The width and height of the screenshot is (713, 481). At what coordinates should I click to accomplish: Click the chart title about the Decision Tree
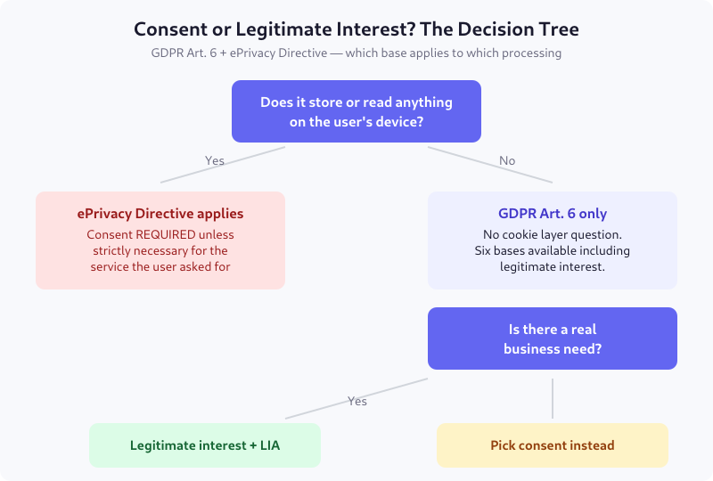pos(356,29)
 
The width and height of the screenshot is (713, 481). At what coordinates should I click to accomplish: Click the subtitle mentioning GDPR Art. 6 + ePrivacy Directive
pos(356,53)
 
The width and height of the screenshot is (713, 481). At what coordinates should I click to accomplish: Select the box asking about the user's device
pos(356,111)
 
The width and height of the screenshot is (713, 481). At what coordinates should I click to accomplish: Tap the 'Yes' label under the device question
pos(215,161)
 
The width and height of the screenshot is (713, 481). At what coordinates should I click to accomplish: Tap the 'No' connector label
pos(507,161)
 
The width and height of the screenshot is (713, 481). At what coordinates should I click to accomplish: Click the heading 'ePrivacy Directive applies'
pos(160,214)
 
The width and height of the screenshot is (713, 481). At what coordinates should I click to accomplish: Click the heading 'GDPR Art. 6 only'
pos(553,214)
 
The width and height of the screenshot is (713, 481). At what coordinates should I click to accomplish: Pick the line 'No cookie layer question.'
pos(553,235)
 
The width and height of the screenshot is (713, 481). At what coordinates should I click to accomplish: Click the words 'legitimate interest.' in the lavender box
pos(553,267)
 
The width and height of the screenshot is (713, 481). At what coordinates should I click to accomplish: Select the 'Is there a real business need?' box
pos(553,338)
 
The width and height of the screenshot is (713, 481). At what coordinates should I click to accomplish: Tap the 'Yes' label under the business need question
pos(357,402)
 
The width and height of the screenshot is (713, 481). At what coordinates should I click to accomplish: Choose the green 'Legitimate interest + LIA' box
pos(205,445)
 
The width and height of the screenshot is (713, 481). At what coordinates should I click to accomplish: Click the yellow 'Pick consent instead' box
pos(553,445)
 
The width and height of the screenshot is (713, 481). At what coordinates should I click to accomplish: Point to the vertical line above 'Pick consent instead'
pos(553,398)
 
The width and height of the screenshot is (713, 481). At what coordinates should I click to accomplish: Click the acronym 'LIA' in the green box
pos(268,445)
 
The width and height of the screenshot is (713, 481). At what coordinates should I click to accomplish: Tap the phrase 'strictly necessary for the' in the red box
pos(160,251)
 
